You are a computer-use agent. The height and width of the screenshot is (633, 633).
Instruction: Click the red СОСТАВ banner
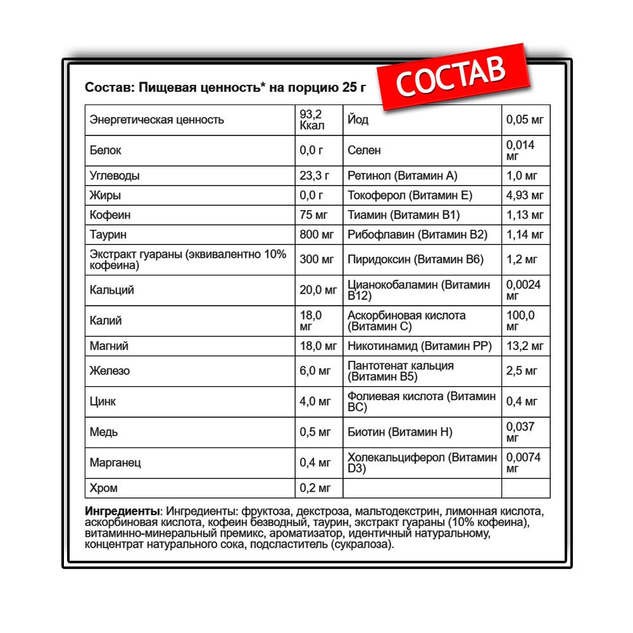click(x=452, y=77)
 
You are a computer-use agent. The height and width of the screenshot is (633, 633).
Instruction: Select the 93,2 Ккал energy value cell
click(x=311, y=120)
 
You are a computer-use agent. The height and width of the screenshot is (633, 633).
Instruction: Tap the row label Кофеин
click(x=110, y=215)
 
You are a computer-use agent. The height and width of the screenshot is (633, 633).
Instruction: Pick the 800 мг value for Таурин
click(x=316, y=235)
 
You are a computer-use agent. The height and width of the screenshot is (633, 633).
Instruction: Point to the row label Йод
click(x=358, y=120)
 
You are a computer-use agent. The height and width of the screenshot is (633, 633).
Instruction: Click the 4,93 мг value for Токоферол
click(x=525, y=196)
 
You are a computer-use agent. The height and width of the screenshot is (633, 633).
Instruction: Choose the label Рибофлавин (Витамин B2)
click(x=417, y=235)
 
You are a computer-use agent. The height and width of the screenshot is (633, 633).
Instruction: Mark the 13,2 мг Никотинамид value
click(x=525, y=346)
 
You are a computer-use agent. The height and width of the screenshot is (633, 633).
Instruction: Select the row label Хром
click(x=104, y=488)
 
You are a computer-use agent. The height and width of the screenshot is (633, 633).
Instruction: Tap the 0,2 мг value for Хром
click(x=315, y=488)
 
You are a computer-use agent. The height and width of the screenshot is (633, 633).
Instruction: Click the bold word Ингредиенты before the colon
click(x=122, y=511)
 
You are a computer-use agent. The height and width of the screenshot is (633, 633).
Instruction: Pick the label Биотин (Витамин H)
click(x=400, y=432)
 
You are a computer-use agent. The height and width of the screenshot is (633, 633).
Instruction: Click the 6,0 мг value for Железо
click(x=315, y=371)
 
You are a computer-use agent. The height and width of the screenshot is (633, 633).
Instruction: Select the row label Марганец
click(x=115, y=463)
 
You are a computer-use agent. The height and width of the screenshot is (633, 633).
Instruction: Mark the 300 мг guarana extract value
click(x=316, y=260)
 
